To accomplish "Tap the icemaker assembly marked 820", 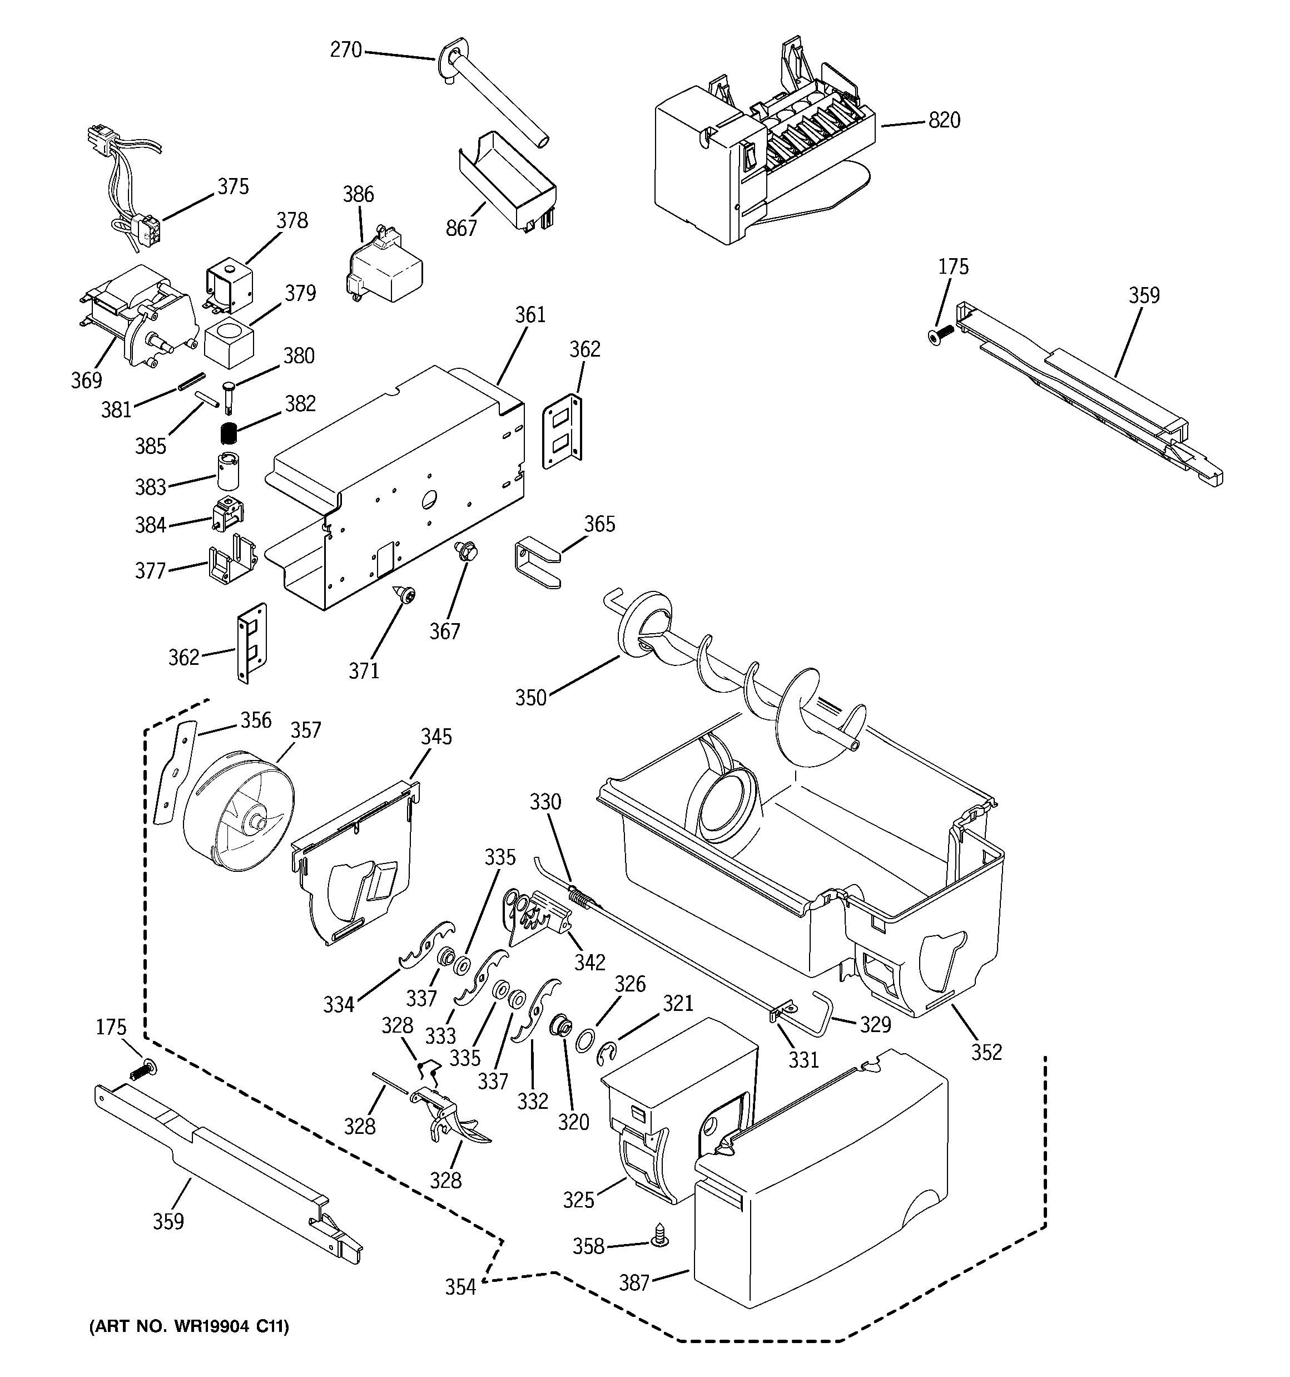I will point(762,159).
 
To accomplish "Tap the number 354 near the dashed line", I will point(460,1287).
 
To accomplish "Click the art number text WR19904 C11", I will point(189,1326).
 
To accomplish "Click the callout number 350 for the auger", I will point(531,698).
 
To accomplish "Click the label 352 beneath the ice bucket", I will point(986,1052).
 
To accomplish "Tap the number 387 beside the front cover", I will point(633,1283).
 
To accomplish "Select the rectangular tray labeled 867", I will point(509,176).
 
